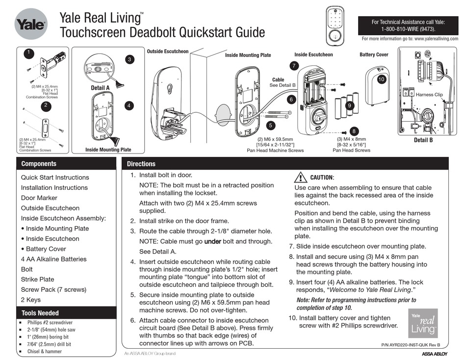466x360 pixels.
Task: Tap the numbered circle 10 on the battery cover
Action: [381, 79]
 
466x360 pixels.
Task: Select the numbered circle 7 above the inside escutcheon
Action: [293, 66]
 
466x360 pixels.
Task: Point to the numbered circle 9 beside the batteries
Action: [349, 105]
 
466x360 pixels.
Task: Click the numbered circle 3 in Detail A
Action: [129, 59]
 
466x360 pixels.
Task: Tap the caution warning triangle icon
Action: [300, 177]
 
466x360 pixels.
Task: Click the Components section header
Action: [39, 164]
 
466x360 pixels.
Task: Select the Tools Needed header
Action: [40, 313]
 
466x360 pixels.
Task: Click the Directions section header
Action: [141, 164]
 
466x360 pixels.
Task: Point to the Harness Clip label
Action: [429, 94]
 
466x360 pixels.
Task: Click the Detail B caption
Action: [423, 140]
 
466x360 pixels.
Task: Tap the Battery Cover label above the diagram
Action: [374, 54]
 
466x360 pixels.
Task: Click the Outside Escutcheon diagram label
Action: [167, 51]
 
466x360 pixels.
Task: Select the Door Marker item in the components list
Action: [39, 198]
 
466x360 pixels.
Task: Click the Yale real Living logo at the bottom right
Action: [423, 323]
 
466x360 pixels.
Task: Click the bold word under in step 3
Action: [213, 241]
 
